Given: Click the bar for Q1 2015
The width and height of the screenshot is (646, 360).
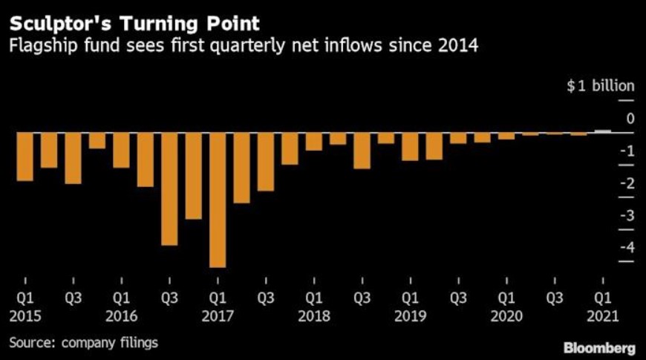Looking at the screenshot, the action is [x=25, y=157].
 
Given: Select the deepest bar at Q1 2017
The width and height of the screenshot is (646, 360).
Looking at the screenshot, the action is [x=218, y=200].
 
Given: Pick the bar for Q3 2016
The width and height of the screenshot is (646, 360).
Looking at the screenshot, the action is [x=169, y=189].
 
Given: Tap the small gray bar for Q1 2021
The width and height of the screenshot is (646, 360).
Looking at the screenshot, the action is [x=603, y=131].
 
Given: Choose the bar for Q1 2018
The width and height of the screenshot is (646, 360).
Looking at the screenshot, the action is [x=314, y=142].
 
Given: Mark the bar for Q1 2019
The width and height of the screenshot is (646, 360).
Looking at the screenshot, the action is [x=411, y=147].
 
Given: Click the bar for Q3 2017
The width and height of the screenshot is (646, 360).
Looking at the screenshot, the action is [x=266, y=162].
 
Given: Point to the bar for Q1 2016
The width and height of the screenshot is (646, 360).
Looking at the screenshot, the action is [x=121, y=151].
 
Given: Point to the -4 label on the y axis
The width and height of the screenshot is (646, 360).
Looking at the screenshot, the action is [x=627, y=247].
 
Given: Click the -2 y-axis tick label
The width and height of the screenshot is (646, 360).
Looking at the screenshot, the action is [x=627, y=183].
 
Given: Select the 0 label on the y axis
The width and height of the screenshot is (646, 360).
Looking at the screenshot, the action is [x=630, y=119].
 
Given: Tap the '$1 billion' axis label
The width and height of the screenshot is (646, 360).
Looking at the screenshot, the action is [x=600, y=85].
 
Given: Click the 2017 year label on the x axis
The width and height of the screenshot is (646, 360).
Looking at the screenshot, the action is [x=218, y=316].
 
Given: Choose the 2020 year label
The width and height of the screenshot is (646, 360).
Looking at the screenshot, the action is [x=506, y=316].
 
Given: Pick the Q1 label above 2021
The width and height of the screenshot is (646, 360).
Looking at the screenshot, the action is [x=603, y=298].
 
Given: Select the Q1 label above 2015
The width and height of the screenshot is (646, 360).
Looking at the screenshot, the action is [x=25, y=298].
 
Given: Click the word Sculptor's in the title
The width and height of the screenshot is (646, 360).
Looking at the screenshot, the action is [x=60, y=24].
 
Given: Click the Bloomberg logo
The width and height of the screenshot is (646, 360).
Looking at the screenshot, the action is [x=599, y=348].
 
